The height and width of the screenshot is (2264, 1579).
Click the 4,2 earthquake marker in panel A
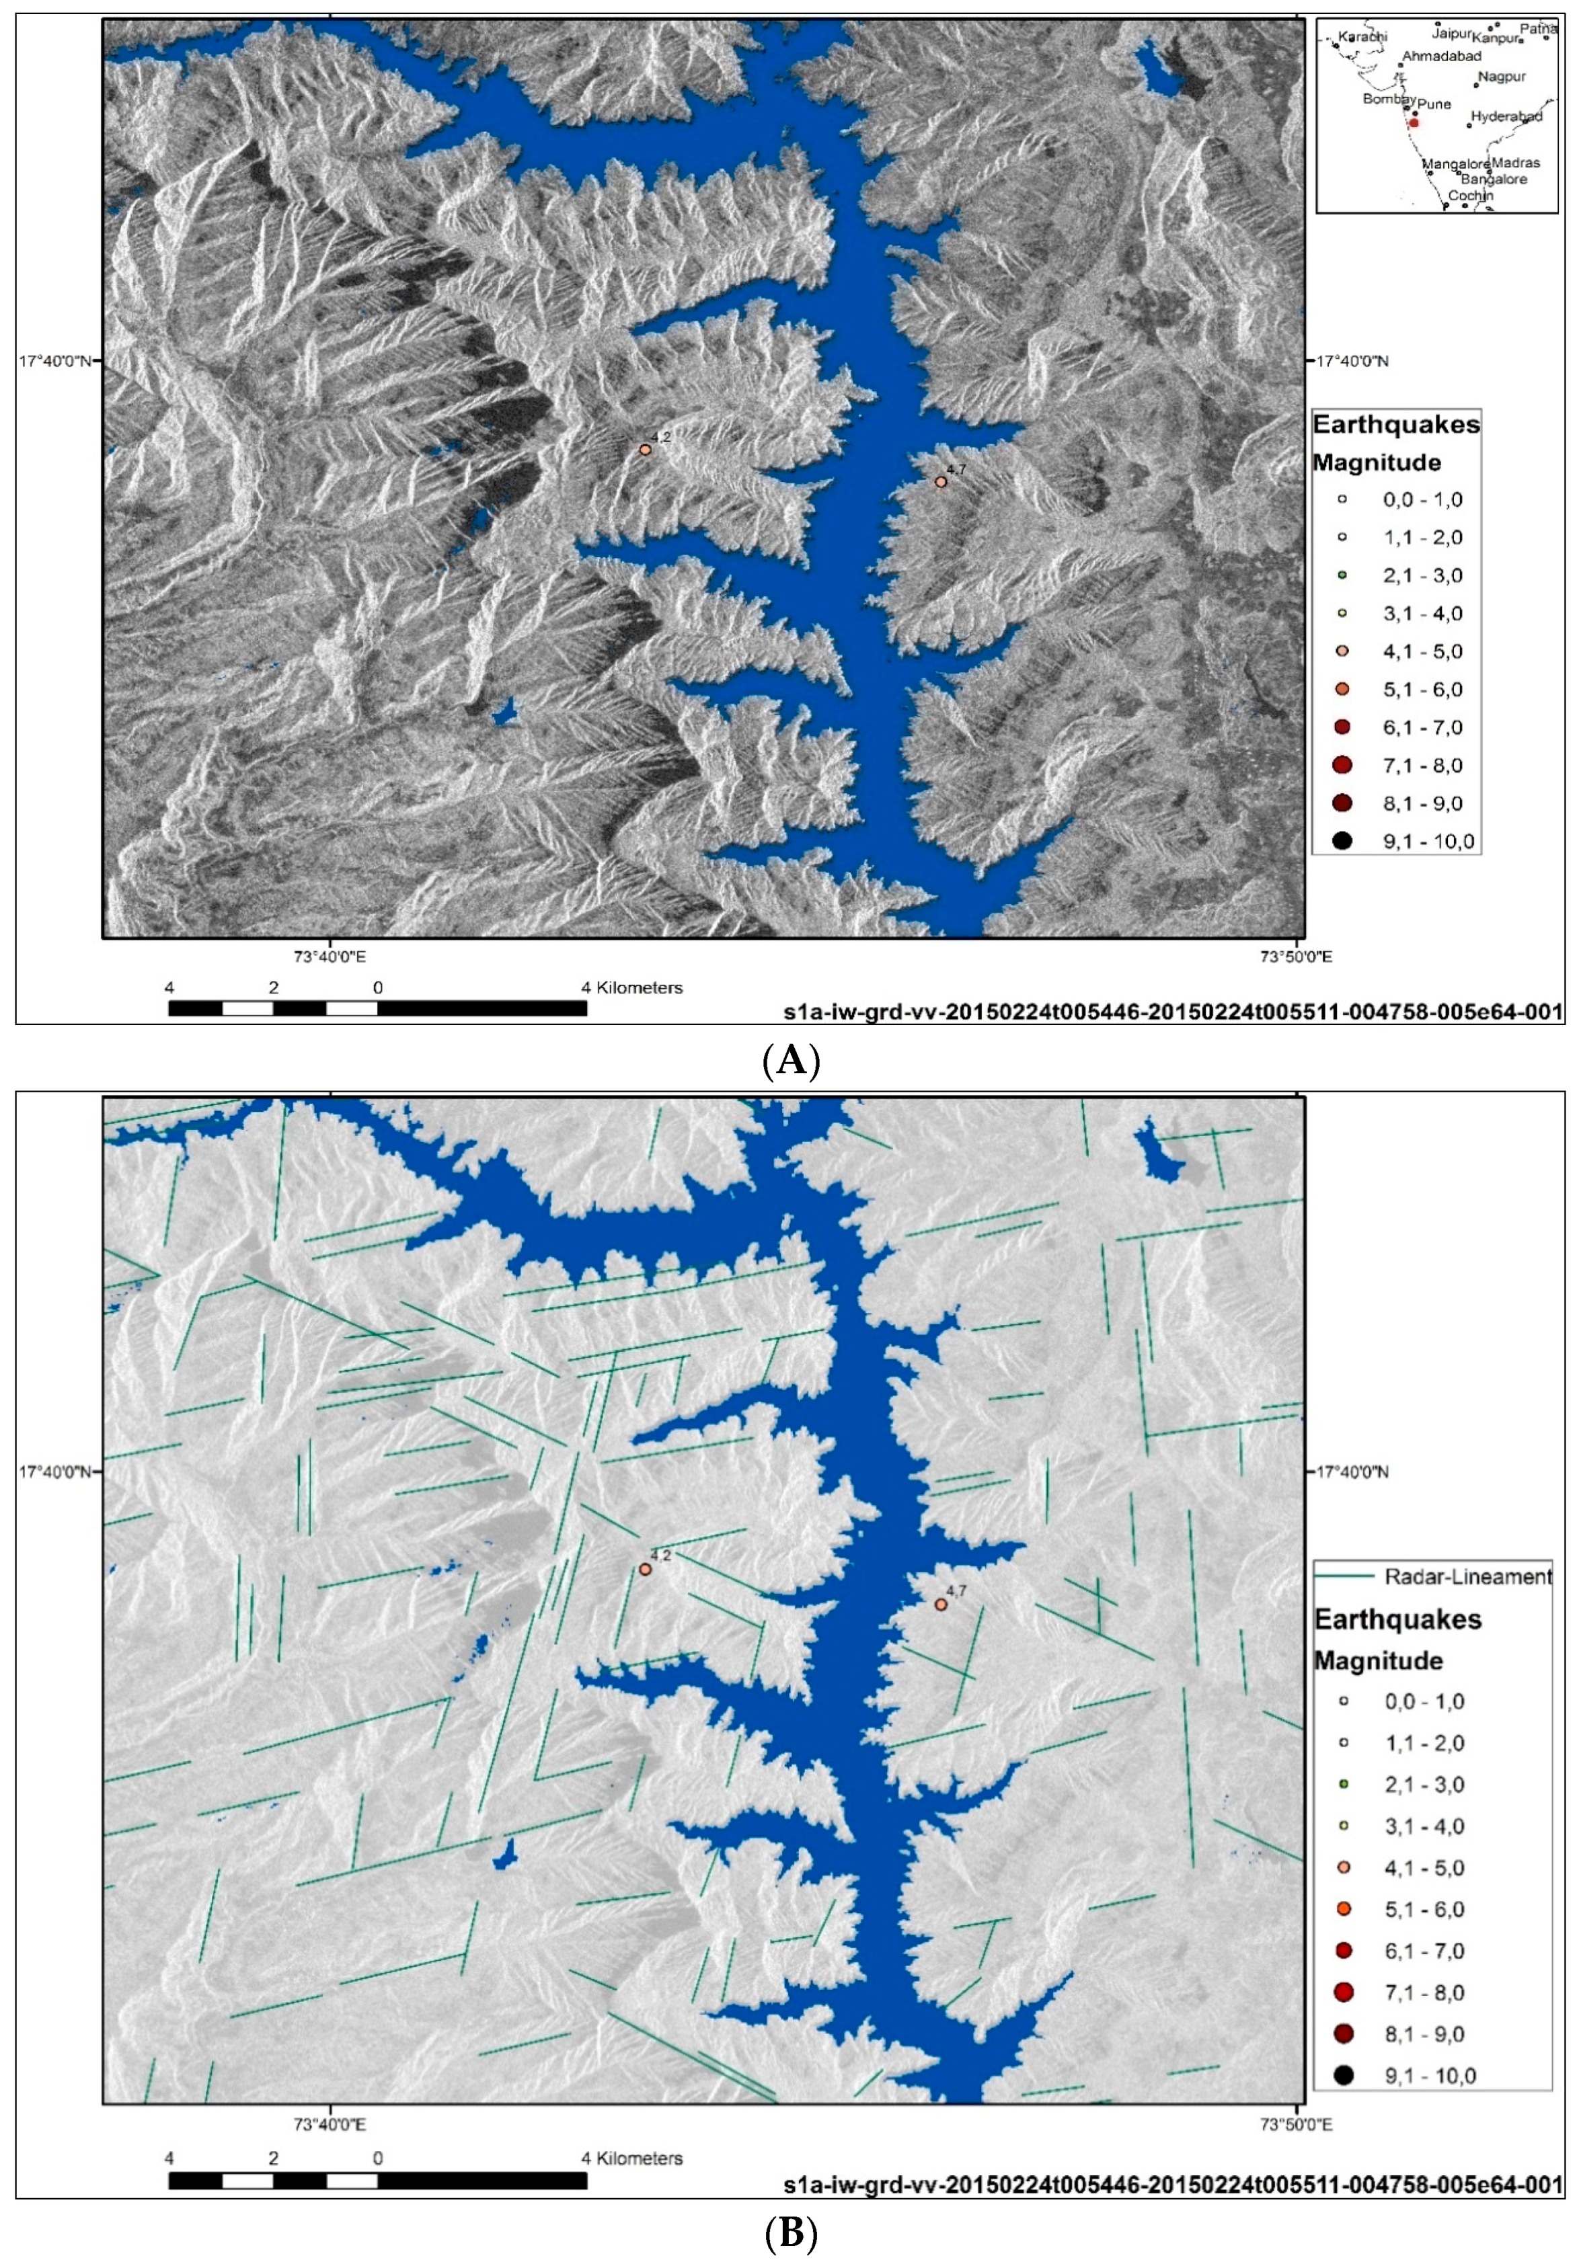pos(645,450)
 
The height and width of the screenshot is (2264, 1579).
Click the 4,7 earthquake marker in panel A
pos(941,481)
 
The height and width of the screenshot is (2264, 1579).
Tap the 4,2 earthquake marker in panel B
pos(645,1569)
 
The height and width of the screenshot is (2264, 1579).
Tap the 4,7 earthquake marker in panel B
pos(941,1605)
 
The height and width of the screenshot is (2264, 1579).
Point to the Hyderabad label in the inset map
pos(1506,116)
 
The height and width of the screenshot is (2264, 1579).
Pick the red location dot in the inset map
pos(1414,123)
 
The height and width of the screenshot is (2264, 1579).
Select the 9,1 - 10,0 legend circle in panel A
pos(1342,841)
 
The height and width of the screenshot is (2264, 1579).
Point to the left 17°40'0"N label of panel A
pos(54,361)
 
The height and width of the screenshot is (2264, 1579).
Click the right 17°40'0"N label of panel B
pos(1351,1472)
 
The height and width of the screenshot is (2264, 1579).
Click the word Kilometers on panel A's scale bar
pos(640,987)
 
